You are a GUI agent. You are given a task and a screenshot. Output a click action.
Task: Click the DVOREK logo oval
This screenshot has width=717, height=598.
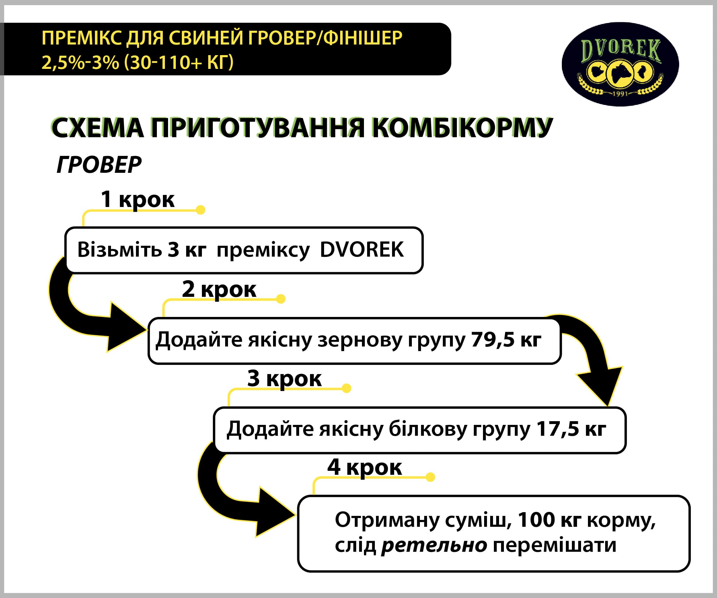tap(620, 64)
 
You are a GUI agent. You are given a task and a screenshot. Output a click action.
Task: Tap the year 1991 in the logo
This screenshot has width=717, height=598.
tap(620, 93)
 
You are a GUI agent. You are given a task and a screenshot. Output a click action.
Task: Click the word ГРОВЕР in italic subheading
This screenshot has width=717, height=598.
tap(99, 165)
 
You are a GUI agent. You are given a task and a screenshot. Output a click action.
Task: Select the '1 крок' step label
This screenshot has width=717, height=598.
tap(138, 199)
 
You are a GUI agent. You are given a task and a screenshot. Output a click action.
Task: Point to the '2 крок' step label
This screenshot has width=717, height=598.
tap(219, 289)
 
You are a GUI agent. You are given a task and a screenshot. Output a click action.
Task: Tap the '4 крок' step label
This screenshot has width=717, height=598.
tap(365, 467)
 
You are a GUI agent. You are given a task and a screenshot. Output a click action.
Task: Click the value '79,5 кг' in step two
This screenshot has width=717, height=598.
tap(506, 340)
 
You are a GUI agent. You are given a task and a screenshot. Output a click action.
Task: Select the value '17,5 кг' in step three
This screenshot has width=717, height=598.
tap(572, 429)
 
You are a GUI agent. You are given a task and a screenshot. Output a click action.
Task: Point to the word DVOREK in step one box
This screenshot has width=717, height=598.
tap(362, 249)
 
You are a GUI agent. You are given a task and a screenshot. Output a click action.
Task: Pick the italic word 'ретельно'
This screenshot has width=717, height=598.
tap(434, 545)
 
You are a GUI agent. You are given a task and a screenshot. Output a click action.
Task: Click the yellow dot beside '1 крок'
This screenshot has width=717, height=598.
tap(201, 210)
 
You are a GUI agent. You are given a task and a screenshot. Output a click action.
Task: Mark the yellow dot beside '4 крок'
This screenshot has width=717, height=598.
tap(430, 477)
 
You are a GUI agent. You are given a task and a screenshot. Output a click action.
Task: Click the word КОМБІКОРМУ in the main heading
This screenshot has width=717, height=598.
tap(462, 128)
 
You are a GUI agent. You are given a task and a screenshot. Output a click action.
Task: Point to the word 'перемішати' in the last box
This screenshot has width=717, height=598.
tap(555, 545)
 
